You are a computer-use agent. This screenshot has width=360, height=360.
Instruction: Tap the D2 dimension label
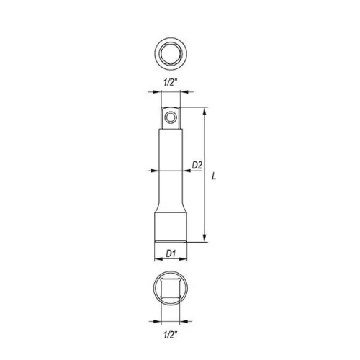pos(197,165)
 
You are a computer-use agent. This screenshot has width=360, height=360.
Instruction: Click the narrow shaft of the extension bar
pos(171,166)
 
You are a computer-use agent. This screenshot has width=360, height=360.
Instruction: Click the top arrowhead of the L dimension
pos(206,112)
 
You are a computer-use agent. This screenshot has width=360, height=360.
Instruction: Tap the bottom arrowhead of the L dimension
pos(206,239)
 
